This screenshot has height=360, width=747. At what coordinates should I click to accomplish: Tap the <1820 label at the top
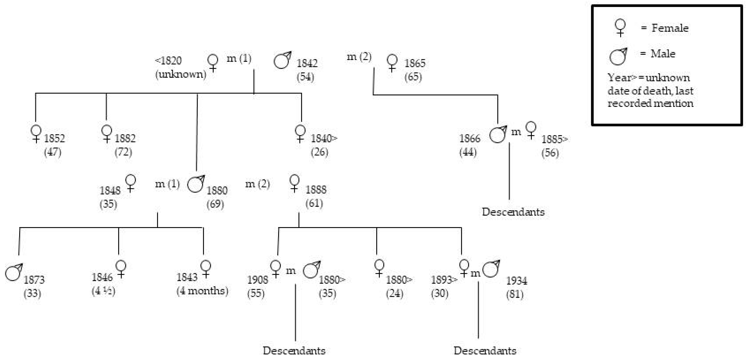click(168, 61)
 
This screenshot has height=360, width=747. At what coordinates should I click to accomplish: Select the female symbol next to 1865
click(392, 63)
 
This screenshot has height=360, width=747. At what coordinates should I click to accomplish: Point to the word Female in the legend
click(670, 28)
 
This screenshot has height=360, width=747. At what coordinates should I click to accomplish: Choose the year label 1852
click(54, 138)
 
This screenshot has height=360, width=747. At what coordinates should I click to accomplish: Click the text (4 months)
click(202, 291)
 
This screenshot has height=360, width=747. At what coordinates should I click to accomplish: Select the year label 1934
click(516, 281)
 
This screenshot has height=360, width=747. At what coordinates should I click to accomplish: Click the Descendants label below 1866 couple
click(513, 212)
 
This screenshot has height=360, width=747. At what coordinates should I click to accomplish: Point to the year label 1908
click(258, 280)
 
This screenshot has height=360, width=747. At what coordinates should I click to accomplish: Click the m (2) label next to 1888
click(258, 184)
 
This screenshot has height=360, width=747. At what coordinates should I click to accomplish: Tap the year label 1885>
click(554, 139)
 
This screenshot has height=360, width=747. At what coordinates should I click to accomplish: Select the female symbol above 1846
click(121, 269)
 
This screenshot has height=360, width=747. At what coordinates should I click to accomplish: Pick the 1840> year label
click(324, 138)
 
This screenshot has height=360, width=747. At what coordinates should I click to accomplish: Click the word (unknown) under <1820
click(181, 74)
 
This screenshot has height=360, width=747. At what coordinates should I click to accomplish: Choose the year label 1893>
click(444, 280)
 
